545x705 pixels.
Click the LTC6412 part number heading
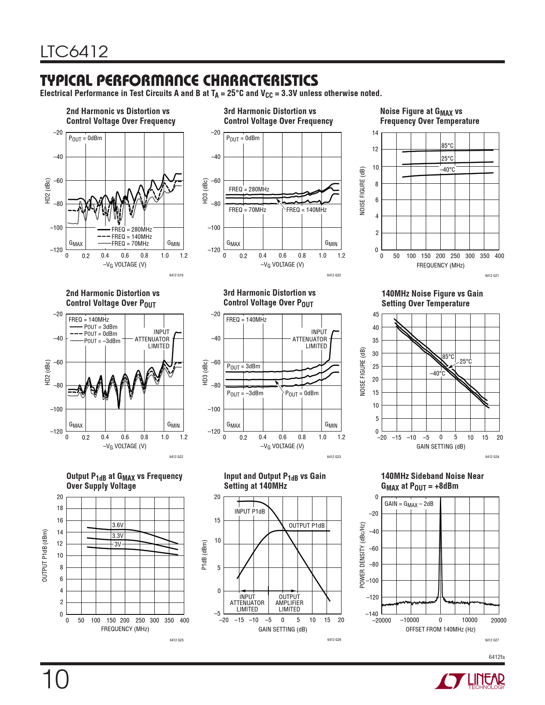pyautogui.click(x=74, y=52)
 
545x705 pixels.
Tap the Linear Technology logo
pyautogui.click(x=469, y=681)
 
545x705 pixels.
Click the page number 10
pyautogui.click(x=55, y=680)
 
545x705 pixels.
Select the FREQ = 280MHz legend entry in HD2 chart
pyautogui.click(x=132, y=229)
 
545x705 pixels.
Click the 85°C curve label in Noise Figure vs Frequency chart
pyautogui.click(x=448, y=146)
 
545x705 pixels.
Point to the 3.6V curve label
pyautogui.click(x=118, y=525)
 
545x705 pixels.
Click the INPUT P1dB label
pyautogui.click(x=250, y=511)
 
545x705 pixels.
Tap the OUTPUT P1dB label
pyautogui.click(x=306, y=526)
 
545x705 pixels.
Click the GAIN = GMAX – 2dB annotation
pyautogui.click(x=409, y=504)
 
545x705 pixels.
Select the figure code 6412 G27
pyautogui.click(x=492, y=640)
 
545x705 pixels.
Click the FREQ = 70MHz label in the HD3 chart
pyautogui.click(x=247, y=210)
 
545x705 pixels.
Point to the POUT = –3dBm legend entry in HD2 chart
pyautogui.click(x=102, y=341)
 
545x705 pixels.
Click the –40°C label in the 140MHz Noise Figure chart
pyautogui.click(x=437, y=373)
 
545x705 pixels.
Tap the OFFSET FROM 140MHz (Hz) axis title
pyautogui.click(x=440, y=629)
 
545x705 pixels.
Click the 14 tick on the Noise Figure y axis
pyautogui.click(x=375, y=133)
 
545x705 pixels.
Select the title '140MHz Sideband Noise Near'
pyautogui.click(x=432, y=476)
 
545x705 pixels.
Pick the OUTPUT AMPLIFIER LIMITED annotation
pyautogui.click(x=289, y=603)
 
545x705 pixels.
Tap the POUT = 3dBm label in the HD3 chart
pyautogui.click(x=243, y=367)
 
